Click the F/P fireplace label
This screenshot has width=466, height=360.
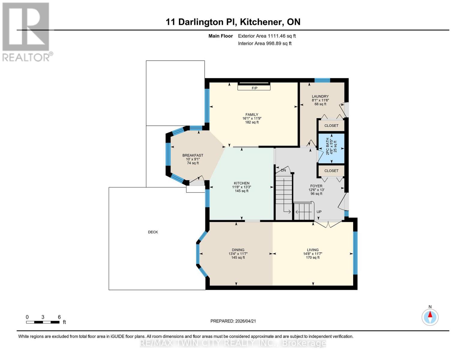254,88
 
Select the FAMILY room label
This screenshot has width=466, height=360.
252,115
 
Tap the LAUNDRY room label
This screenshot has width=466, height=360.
320,97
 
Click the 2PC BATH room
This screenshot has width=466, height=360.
331,148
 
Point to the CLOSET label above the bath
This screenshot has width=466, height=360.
331,126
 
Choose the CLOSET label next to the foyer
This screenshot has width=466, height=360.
331,171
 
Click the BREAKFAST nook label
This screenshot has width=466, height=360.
193,155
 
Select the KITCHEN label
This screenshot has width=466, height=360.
242,183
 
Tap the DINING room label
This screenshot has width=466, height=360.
238,250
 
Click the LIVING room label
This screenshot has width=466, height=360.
313,250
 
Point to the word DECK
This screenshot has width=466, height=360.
153,232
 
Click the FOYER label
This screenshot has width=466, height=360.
316,186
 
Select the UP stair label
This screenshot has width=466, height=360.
319,212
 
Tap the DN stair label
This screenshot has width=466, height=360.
283,170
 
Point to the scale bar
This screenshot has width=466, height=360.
43,322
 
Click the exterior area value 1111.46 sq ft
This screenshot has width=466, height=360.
281,36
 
